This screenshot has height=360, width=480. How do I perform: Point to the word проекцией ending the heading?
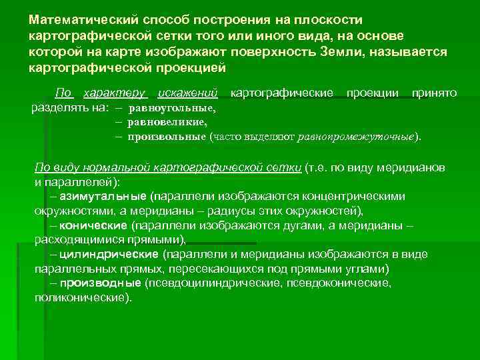pos(193,68)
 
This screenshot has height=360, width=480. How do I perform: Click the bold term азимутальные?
pos(103,197)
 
